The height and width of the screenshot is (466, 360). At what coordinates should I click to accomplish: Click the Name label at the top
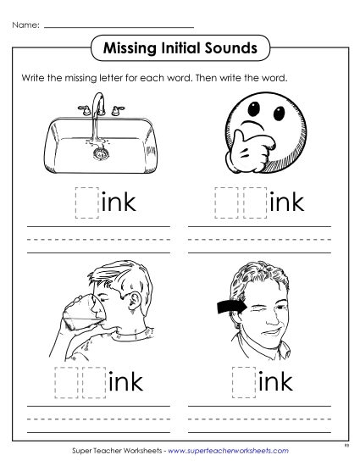click(25, 25)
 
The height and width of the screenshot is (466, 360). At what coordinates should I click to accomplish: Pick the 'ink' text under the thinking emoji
click(285, 203)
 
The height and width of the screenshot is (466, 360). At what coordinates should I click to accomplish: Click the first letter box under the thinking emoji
click(224, 202)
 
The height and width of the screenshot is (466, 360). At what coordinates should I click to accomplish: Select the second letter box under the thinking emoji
click(252, 202)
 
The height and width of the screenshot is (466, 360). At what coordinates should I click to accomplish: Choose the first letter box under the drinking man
click(65, 383)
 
